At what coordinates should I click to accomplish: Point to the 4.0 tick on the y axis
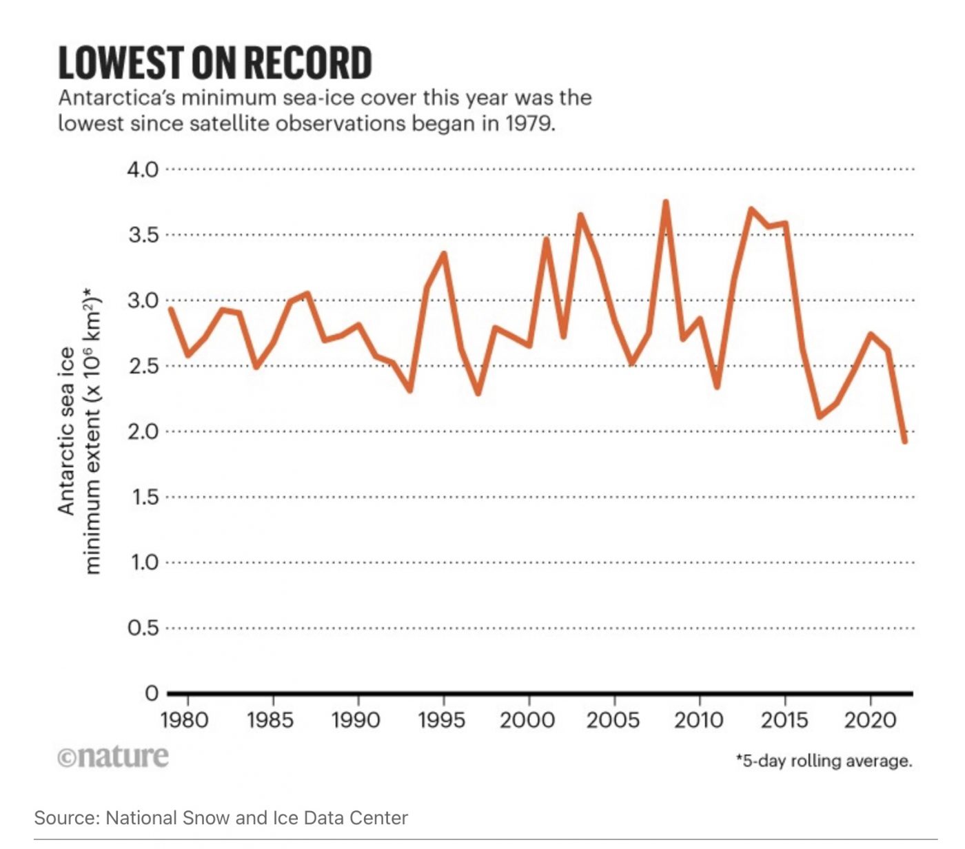pos(143,170)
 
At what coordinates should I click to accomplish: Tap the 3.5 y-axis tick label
pos(143,235)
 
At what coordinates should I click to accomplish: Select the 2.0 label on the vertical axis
pos(143,431)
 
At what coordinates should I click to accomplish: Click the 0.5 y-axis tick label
pos(143,628)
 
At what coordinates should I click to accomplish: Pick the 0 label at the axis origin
pos(152,693)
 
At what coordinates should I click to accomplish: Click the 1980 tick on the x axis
pos(184,720)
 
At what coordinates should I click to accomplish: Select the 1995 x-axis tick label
pos(441,720)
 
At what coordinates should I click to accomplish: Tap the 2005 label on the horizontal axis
pos(613,720)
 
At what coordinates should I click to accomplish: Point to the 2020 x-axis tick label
pos(870,720)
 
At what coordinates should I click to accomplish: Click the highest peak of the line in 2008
pos(666,202)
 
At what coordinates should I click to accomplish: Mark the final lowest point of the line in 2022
pos(904,441)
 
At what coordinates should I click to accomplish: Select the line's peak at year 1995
pos(444,254)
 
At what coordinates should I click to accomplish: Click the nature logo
pos(113,756)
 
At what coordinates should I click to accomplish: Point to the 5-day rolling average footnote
pos(824,761)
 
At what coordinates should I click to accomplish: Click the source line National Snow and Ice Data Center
pos(221,818)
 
